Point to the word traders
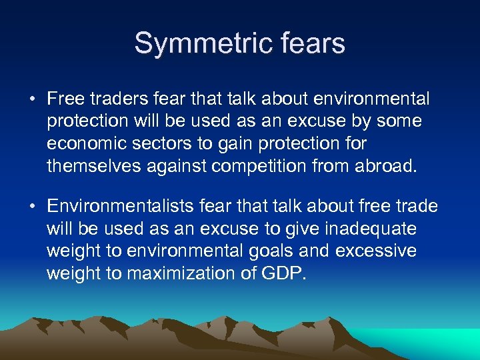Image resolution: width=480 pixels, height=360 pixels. tap(113, 99)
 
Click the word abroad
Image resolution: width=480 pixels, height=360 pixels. tap(387, 165)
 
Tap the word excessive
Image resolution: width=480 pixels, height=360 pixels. tap(385, 251)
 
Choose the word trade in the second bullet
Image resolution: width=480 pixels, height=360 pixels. tap(413, 207)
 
